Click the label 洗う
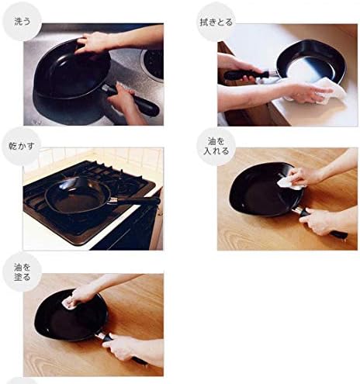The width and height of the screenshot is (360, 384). (x=22, y=22)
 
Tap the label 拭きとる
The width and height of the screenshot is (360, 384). (x=216, y=22)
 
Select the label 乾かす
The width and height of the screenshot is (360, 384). (x=22, y=147)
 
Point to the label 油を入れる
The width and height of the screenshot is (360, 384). (x=216, y=146)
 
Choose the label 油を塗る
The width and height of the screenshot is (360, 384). (x=22, y=272)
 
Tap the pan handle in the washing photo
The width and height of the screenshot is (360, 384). (x=132, y=99)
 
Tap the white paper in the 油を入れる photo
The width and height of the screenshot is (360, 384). (x=289, y=183)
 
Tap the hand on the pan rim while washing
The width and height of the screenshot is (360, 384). (x=95, y=43)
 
